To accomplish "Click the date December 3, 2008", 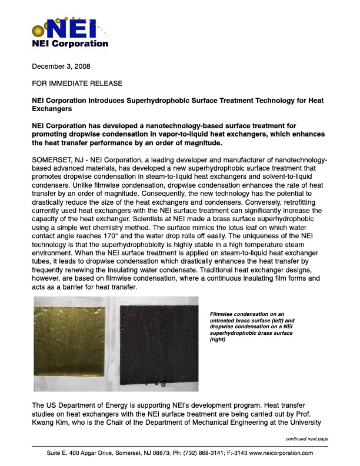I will coord(61,66).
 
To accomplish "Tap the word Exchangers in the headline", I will coord(52,109).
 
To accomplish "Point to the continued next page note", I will coord(306,439).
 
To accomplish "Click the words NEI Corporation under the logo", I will coord(69,44).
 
